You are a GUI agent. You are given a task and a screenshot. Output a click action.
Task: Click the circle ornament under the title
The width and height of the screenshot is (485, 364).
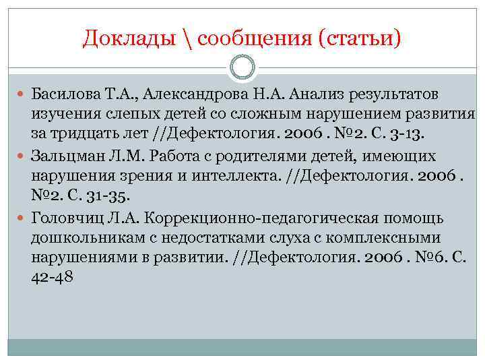(x=243, y=67)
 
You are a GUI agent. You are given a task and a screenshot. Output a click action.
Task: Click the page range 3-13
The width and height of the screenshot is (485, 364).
(x=406, y=130)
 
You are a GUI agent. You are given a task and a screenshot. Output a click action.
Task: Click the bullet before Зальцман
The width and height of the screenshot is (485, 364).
(x=22, y=157)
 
